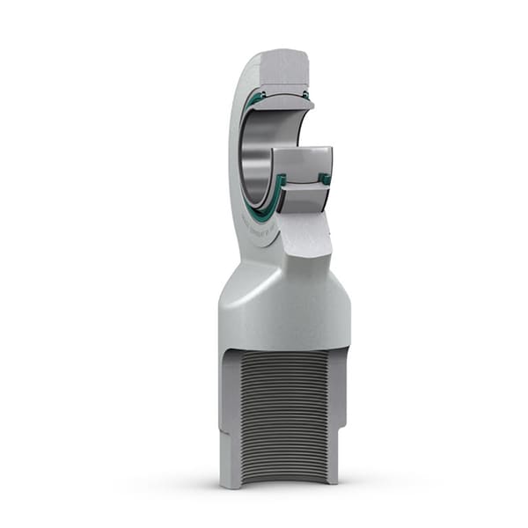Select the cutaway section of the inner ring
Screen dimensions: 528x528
pyautogui.click(x=299, y=164)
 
